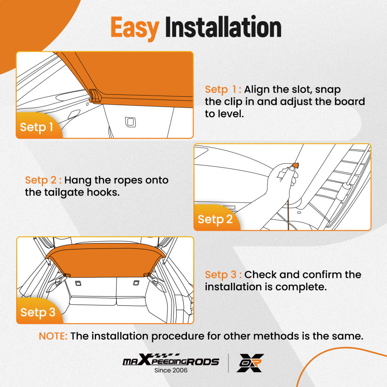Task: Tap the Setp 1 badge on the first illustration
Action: click(36, 127)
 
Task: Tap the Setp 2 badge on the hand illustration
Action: click(215, 219)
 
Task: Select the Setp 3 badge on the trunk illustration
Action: click(38, 312)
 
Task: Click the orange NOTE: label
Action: click(53, 336)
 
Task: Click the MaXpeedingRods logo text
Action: click(171, 362)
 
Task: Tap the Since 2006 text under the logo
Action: click(171, 370)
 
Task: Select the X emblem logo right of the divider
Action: click(250, 363)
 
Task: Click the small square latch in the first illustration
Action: click(129, 122)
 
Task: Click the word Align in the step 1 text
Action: click(258, 89)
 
